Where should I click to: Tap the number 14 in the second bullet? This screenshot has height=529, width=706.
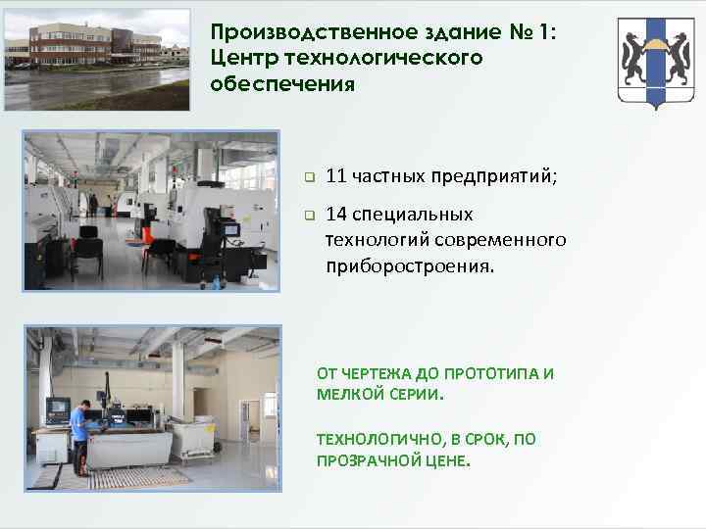pos(335,214)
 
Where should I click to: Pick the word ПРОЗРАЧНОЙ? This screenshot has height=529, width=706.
pos(364,459)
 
